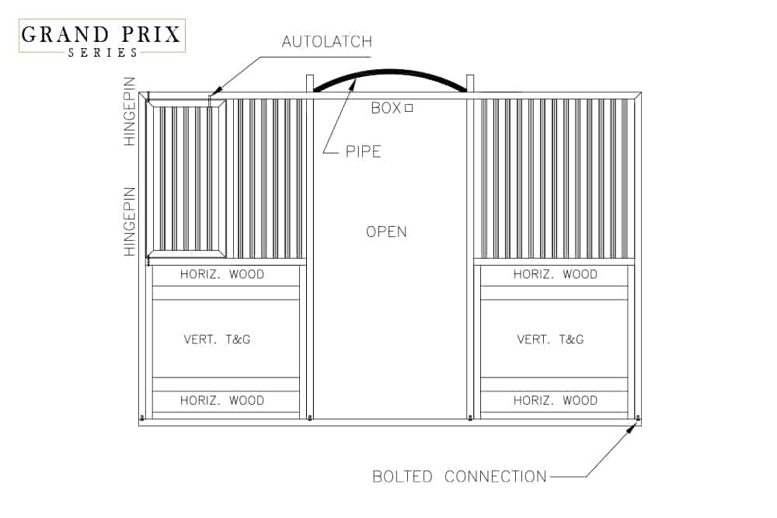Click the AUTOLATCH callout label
[326, 42]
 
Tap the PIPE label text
[364, 151]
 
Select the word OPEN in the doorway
[386, 231]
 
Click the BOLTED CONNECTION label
[458, 476]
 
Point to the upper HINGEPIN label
[130, 111]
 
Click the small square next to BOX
[409, 109]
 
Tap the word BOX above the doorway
[385, 109]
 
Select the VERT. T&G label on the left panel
[218, 339]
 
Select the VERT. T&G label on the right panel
[550, 339]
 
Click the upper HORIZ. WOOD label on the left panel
[222, 274]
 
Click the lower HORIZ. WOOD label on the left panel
[222, 401]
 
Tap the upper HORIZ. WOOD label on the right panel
[556, 274]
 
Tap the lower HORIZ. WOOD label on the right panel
[556, 401]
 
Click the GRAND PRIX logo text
[101, 35]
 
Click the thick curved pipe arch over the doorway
[390, 73]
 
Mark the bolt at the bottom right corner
[638, 418]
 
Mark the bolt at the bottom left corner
[141, 419]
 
